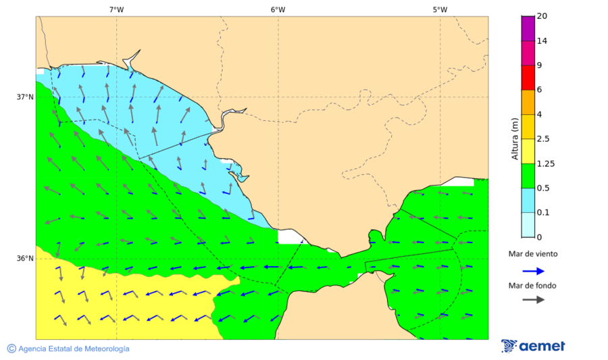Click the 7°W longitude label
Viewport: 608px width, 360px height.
(x=116, y=9)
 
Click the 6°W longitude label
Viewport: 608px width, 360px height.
(x=278, y=9)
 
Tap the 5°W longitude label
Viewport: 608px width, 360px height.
(x=440, y=9)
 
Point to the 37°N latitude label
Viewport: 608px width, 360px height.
(x=25, y=97)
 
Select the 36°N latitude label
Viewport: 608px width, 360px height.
(x=25, y=259)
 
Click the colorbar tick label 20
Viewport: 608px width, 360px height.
(x=542, y=16)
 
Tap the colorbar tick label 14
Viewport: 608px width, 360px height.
(x=542, y=41)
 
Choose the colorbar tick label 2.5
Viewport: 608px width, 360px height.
(x=542, y=139)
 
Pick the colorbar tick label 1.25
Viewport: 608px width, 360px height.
(x=544, y=163)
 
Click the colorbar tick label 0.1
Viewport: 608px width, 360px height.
(x=542, y=213)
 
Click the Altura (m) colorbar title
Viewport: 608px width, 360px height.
(x=515, y=138)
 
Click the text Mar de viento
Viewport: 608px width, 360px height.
(x=533, y=254)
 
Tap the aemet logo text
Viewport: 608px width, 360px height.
(x=542, y=346)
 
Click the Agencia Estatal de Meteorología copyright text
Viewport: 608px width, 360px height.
(x=73, y=349)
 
